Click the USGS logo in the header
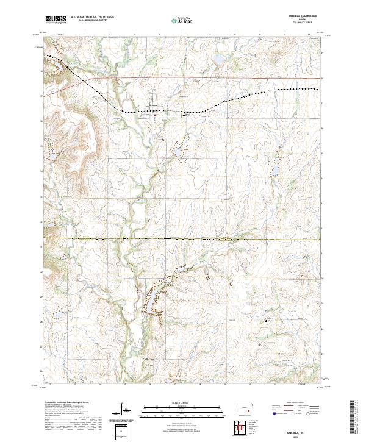[56, 20]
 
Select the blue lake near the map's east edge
[273, 166]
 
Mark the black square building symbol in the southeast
[265, 321]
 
